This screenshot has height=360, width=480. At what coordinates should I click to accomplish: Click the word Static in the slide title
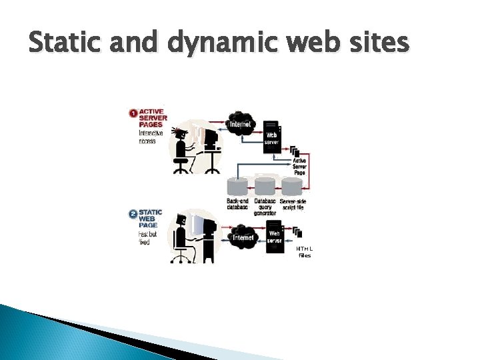(61, 43)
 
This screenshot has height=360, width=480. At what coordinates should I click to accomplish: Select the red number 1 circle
(133, 113)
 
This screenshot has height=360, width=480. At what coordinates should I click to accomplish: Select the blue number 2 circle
(133, 215)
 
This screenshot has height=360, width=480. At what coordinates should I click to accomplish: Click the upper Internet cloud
(241, 124)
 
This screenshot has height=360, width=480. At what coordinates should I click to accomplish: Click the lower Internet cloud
(242, 237)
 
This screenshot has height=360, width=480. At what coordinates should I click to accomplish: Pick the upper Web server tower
(271, 137)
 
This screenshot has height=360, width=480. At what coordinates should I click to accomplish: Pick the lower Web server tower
(275, 237)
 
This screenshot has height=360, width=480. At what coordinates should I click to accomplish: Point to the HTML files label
(305, 251)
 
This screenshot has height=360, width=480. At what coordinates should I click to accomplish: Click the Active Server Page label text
(299, 167)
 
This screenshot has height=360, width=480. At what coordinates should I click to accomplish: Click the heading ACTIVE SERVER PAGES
(153, 117)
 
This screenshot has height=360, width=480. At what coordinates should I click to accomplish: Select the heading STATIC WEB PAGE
(150, 219)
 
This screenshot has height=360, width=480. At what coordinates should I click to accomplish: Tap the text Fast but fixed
(148, 238)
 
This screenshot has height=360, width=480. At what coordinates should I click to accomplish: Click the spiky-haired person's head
(180, 132)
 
